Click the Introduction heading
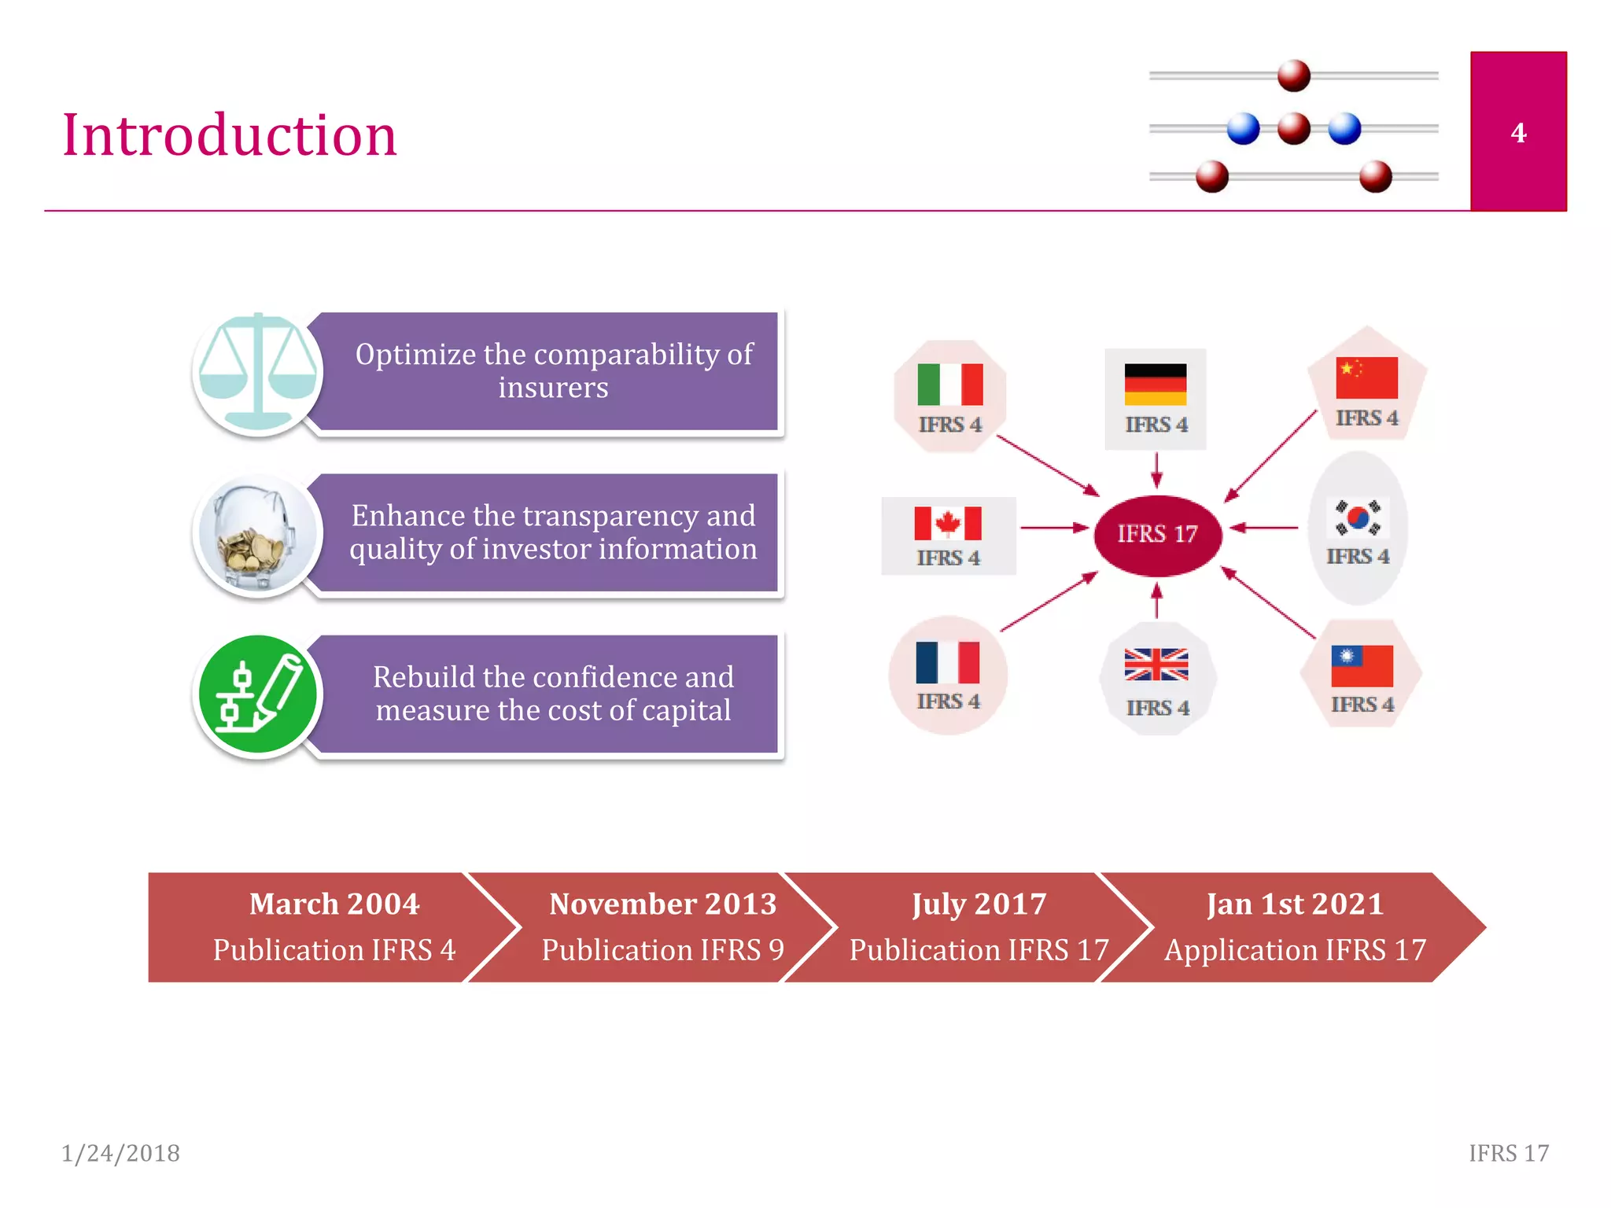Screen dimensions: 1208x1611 [x=230, y=135]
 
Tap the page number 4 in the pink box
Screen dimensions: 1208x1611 [x=1518, y=133]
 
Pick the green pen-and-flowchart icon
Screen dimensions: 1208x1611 [x=257, y=695]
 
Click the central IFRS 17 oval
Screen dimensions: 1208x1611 [x=1157, y=534]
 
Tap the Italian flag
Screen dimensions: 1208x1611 [x=950, y=384]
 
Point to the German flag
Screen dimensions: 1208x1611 [x=1155, y=384]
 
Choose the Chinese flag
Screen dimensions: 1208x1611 [x=1366, y=377]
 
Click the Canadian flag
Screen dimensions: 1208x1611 [x=948, y=523]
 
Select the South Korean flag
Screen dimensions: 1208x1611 [x=1358, y=517]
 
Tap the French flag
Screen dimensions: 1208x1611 [x=948, y=662]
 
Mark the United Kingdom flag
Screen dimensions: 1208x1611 [x=1156, y=665]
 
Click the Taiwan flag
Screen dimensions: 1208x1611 [x=1362, y=665]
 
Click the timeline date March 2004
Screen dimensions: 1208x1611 [x=334, y=904]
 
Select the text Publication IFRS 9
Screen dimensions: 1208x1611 [x=662, y=950]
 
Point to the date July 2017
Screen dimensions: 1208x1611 [x=979, y=904]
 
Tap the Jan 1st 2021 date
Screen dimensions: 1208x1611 [x=1295, y=904]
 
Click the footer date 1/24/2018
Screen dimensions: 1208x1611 [x=121, y=1153]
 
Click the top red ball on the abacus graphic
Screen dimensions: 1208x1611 [x=1294, y=76]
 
